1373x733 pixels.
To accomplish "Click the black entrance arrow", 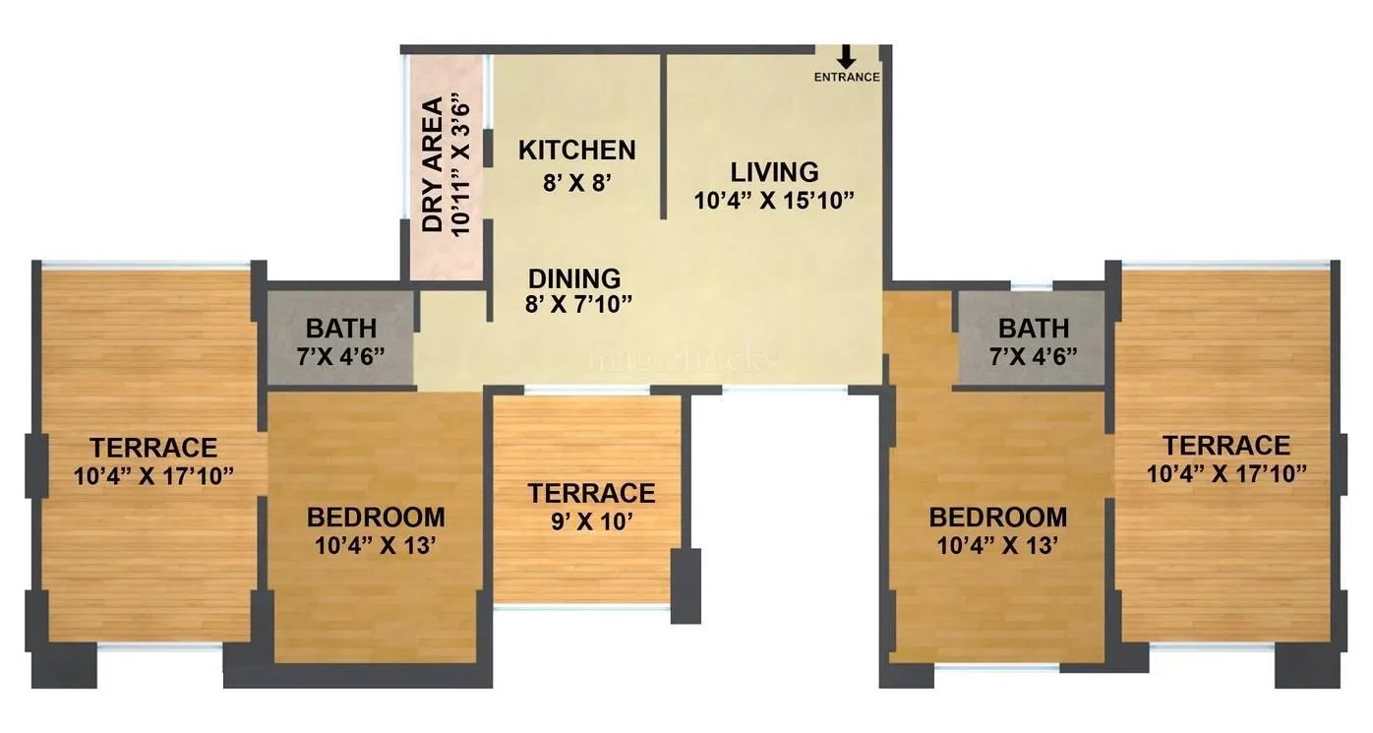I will (x=846, y=57).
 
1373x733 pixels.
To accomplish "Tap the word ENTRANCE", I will (x=846, y=78).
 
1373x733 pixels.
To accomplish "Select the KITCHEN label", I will (x=576, y=151).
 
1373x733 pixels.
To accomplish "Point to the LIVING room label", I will (x=774, y=172).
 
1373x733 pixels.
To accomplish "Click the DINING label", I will (x=574, y=278).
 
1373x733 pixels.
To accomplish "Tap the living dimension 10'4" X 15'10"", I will (x=774, y=202).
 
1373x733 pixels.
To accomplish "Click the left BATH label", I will (x=340, y=328).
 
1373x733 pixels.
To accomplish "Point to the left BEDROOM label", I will (x=376, y=517).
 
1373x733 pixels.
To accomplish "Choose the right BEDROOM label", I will (x=998, y=517).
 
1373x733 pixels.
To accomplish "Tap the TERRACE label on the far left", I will (x=153, y=448).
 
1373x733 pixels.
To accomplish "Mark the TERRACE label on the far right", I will (x=1225, y=445).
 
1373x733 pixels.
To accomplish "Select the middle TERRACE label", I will (x=591, y=493).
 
